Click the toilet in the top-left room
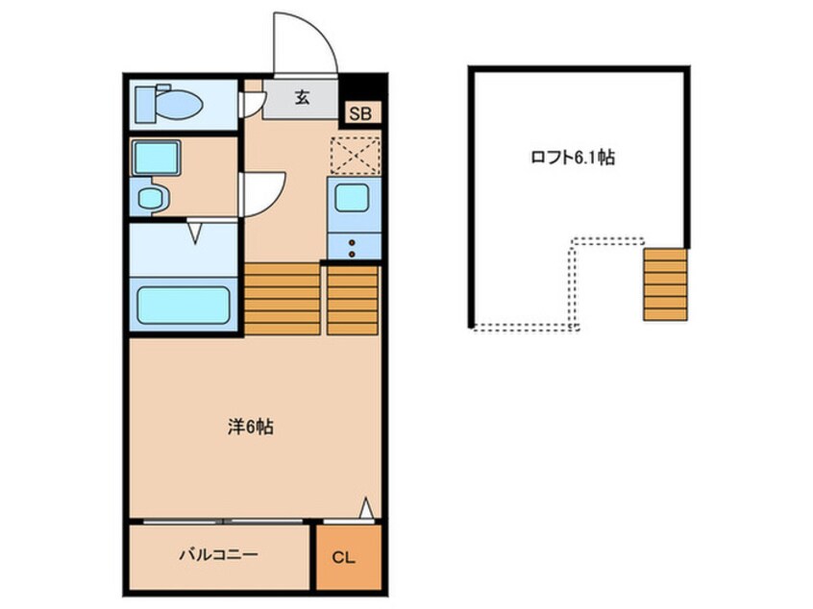168,104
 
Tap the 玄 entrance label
303,97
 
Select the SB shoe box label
360,114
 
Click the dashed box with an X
356,155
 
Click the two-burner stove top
353,247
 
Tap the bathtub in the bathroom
183,304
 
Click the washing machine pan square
157,158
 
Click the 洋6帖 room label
251,426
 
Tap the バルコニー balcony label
218,555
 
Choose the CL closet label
343,558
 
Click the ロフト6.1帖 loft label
573,157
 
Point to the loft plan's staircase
665,284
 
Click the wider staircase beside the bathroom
283,299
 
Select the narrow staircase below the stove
353,301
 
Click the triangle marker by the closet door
366,508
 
